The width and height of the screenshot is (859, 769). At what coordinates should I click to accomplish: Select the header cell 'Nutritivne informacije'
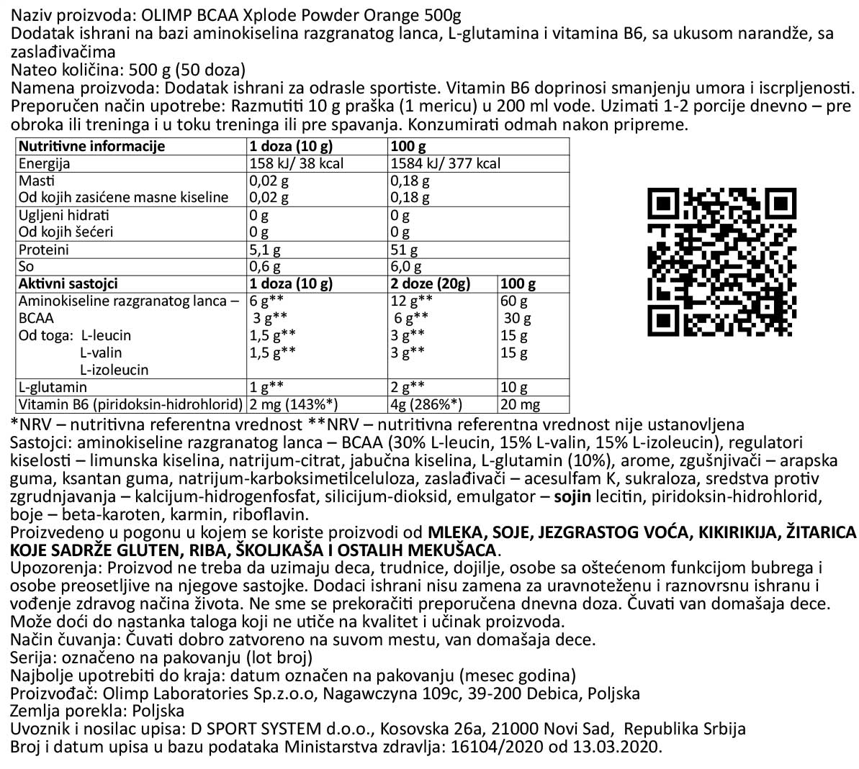(91, 146)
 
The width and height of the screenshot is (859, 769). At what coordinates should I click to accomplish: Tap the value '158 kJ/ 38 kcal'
(296, 163)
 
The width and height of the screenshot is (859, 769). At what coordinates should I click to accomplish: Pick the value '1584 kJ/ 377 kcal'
(445, 163)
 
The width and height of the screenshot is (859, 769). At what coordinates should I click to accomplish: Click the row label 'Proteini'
(44, 250)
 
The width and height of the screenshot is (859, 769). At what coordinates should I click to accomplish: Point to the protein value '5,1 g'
(264, 250)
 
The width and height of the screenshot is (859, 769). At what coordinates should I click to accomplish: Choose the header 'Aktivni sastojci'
(68, 284)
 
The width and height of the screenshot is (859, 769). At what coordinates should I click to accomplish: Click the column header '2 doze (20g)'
(430, 284)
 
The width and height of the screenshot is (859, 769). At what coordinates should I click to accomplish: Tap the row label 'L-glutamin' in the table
(53, 388)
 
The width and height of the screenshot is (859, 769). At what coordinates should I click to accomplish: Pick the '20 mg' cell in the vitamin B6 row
(520, 405)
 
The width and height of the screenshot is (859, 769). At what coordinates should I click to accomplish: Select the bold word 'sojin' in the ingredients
(570, 496)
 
